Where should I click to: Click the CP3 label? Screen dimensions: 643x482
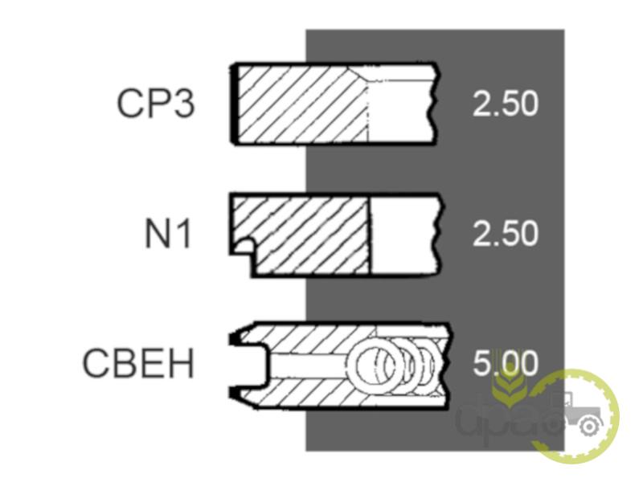tap(156, 104)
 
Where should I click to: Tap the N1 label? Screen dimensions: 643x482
tap(169, 234)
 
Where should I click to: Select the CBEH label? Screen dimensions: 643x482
tap(138, 363)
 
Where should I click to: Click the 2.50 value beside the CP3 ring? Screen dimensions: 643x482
tap(506, 104)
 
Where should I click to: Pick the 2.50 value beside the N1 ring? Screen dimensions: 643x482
tap(506, 234)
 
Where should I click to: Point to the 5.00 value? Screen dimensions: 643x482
tap(506, 363)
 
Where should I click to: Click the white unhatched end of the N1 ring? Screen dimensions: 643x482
tap(404, 235)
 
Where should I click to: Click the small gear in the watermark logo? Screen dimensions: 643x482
tap(589, 427)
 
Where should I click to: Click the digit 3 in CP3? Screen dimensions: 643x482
tap(183, 104)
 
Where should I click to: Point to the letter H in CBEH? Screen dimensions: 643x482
tap(180, 363)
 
